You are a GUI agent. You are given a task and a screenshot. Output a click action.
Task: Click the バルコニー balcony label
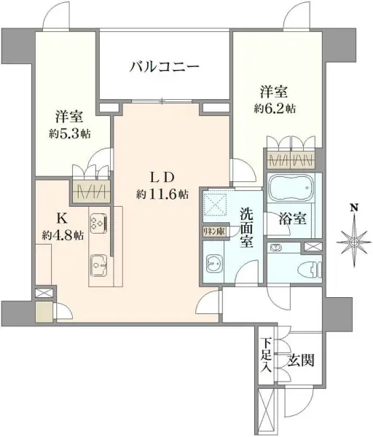165,67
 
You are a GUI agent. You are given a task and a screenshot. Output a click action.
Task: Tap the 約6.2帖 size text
275,109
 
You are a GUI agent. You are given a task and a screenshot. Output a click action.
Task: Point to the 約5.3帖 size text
70,134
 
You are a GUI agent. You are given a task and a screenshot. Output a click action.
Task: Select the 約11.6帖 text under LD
162,194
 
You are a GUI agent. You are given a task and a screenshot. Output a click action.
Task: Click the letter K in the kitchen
62,219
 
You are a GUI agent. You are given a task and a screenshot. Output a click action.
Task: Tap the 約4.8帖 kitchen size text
63,236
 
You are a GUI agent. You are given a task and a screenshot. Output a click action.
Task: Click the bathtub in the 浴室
291,187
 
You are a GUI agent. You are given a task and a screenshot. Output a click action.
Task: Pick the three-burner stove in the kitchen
99,224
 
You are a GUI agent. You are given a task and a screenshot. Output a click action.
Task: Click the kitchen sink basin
98,266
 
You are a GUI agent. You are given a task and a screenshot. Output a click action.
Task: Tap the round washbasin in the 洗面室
214,264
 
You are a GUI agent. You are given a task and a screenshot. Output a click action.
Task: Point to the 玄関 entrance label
302,360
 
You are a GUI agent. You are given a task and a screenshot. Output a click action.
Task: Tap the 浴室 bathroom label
293,219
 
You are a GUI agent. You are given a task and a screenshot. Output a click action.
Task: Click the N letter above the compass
354,208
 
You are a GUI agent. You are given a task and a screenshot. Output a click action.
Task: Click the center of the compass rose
354,242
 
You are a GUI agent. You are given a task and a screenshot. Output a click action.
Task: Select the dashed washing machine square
216,202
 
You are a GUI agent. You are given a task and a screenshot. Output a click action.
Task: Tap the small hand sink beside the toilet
276,248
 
